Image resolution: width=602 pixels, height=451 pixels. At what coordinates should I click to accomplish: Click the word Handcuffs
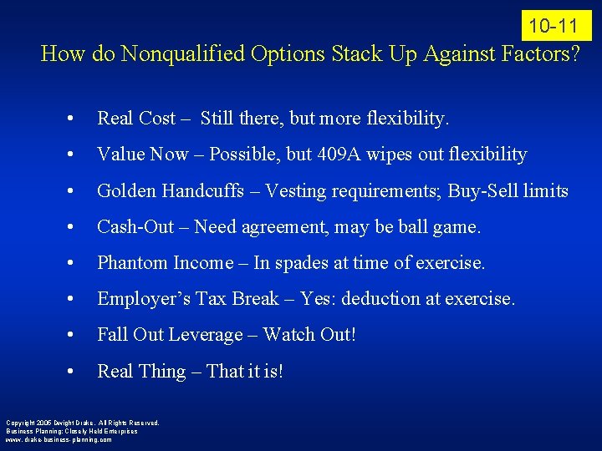[x=209, y=190]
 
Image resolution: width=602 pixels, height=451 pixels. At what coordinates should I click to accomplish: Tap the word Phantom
[x=132, y=262]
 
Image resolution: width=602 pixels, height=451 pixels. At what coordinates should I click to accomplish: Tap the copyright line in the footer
[x=82, y=423]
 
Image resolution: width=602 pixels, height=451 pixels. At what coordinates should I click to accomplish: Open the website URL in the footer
[x=58, y=438]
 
